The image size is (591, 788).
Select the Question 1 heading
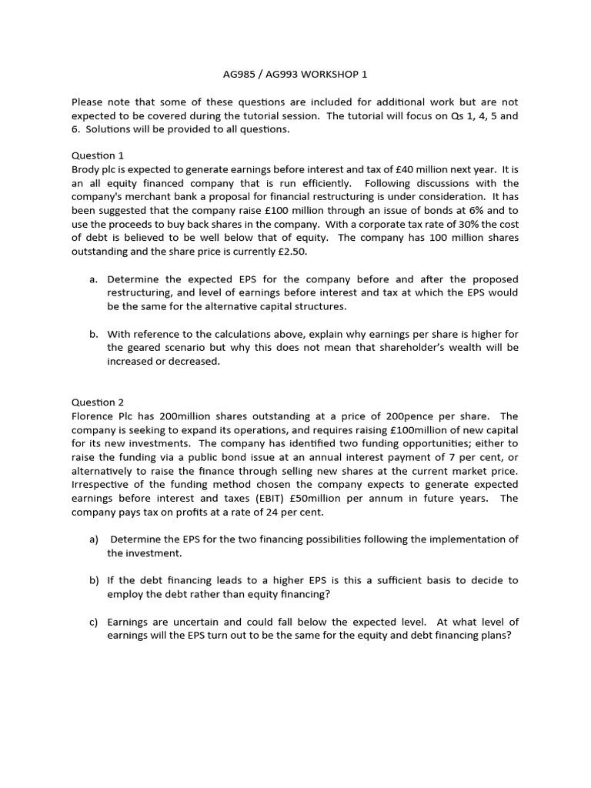pyautogui.click(x=98, y=155)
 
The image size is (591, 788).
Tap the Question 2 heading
pyautogui.click(x=98, y=402)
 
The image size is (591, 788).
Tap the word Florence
pyautogui.click(x=94, y=416)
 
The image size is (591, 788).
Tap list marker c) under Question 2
pyautogui.click(x=94, y=622)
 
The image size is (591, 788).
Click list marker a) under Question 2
pyautogui.click(x=94, y=539)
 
